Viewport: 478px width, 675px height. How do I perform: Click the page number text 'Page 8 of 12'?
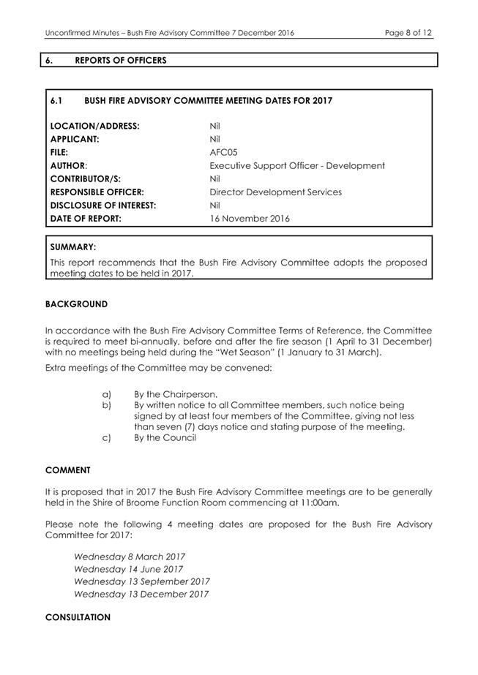(x=408, y=33)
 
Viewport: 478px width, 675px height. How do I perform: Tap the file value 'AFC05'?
(x=222, y=152)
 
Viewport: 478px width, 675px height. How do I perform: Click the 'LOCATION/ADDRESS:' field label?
(x=94, y=126)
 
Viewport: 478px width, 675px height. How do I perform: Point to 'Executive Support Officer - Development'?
(x=296, y=165)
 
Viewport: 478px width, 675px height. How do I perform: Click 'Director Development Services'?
(x=275, y=192)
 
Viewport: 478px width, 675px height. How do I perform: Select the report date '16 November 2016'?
(x=249, y=218)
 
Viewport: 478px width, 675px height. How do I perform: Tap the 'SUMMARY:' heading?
(x=72, y=248)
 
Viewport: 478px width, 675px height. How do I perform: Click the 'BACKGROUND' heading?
(x=76, y=303)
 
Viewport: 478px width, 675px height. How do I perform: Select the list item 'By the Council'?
(x=165, y=437)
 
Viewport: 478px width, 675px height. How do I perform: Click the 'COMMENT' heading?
(x=68, y=470)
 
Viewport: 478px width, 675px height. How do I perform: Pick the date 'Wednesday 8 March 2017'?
(x=129, y=557)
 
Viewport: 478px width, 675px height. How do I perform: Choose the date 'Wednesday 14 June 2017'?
(x=128, y=569)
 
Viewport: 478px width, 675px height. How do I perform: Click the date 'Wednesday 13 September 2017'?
(x=141, y=581)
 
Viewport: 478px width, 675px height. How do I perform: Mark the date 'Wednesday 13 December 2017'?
(x=141, y=594)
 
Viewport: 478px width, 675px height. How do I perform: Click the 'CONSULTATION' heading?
(x=78, y=617)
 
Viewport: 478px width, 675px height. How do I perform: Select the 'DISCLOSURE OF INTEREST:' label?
(x=102, y=205)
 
